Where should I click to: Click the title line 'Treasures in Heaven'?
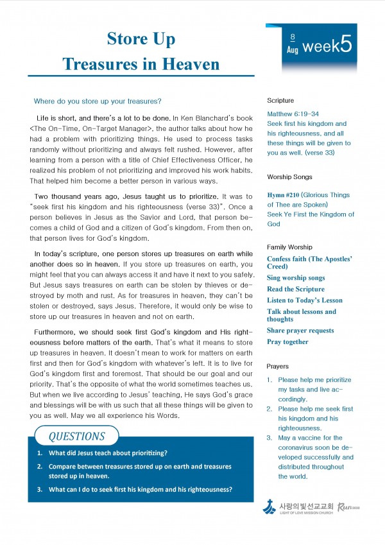point(141,64)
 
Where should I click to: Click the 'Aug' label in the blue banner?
point(292,50)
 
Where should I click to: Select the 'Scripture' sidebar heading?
point(280,101)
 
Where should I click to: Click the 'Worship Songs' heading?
point(289,177)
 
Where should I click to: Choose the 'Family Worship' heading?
point(289,247)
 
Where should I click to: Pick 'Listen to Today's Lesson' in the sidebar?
point(305,300)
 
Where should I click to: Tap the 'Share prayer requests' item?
point(300,331)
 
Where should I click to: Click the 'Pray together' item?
point(287,342)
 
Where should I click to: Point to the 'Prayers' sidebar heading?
point(278,366)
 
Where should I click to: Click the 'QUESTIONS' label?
point(76,437)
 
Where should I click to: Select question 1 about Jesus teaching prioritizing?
point(107,453)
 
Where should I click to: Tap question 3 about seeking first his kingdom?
point(139,489)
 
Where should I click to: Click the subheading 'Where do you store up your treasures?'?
point(98,101)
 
